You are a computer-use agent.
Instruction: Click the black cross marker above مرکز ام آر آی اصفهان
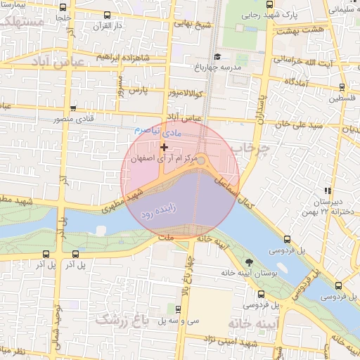pyautogui.click(x=164, y=147)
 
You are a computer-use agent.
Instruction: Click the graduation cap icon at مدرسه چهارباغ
pyautogui.click(x=217, y=56)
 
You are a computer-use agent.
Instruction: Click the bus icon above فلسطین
pyautogui.click(x=342, y=88)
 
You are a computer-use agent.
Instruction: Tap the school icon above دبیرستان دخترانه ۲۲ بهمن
pyautogui.click(x=327, y=190)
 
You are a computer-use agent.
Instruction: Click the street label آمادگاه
pyautogui.click(x=298, y=82)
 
